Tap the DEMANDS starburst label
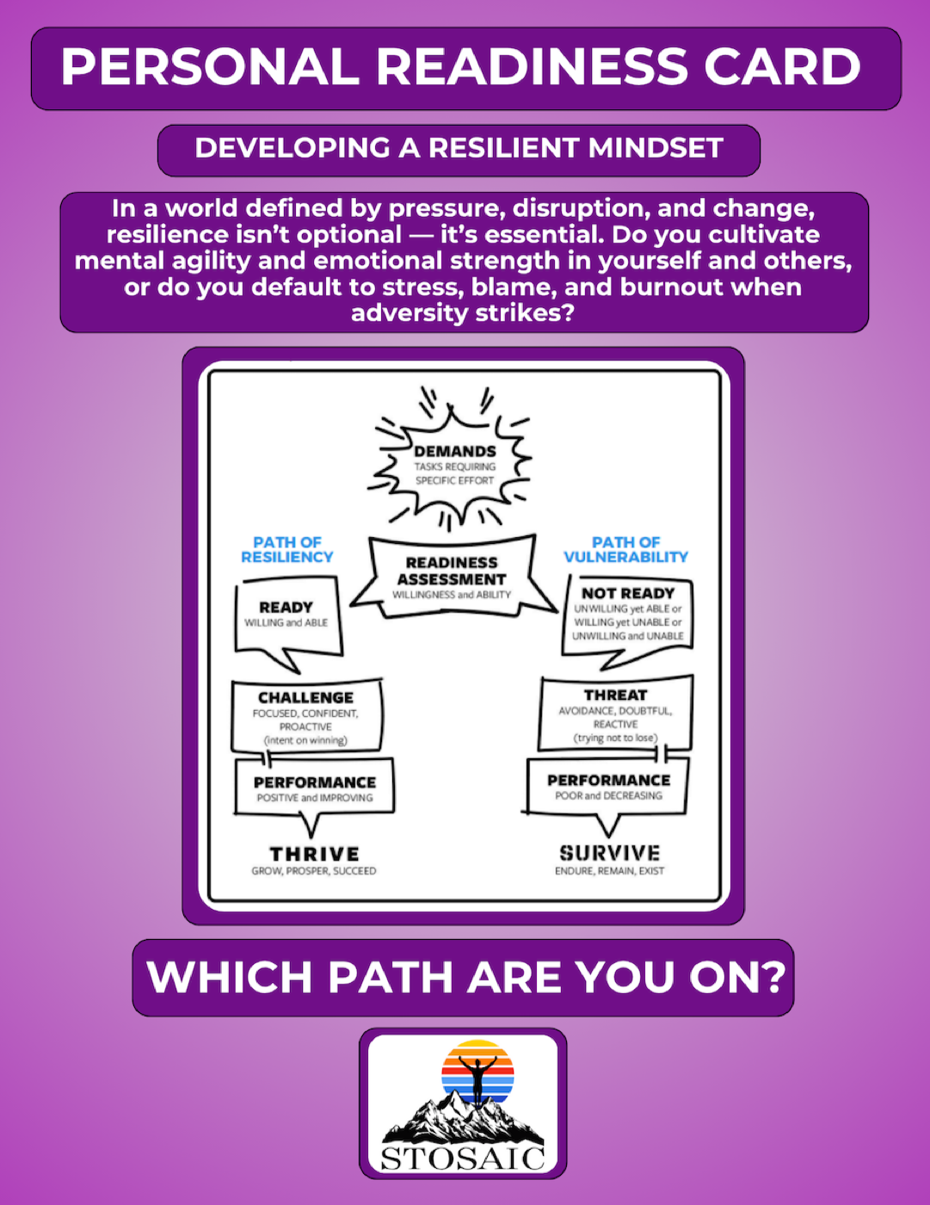pos(454,451)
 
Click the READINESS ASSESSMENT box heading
pos(452,571)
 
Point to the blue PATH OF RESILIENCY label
pos(286,550)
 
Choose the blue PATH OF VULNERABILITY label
pos(625,550)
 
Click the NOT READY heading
pos(627,593)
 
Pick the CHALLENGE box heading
pos(305,697)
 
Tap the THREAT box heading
pos(615,695)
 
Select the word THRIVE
pos(314,854)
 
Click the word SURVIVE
pos(609,853)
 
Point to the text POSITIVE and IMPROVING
pos(315,798)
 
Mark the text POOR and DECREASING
pos(608,795)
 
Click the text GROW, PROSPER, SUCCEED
pos(313,871)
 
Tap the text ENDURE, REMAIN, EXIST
pos(609,871)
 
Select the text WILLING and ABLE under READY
pos(286,622)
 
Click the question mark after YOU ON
pos(773,977)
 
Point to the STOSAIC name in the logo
pos(463,1159)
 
